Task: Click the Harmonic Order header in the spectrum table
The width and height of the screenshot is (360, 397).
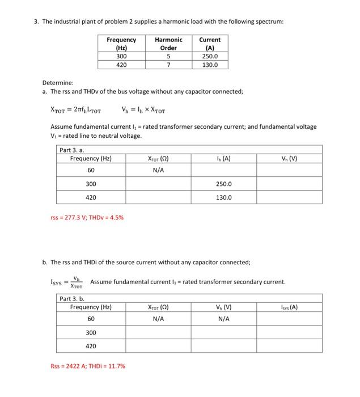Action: pyautogui.click(x=168, y=44)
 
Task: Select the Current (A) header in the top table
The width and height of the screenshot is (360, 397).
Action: pyautogui.click(x=210, y=44)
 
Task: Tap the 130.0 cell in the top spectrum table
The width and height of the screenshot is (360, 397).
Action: pyautogui.click(x=210, y=65)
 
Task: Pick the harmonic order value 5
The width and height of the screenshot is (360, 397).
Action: pyautogui.click(x=168, y=56)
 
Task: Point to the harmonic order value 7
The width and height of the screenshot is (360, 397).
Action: pyautogui.click(x=168, y=65)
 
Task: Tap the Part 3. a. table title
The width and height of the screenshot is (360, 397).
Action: pyautogui.click(x=73, y=150)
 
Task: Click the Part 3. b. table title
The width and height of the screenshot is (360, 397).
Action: pyautogui.click(x=73, y=298)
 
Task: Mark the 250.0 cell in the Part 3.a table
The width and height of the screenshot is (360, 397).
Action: pyautogui.click(x=224, y=184)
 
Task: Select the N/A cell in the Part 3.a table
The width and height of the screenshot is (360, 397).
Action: pyautogui.click(x=158, y=170)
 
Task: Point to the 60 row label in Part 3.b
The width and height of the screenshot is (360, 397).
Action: pyautogui.click(x=91, y=319)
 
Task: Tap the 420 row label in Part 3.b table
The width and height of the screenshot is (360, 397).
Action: pyautogui.click(x=91, y=346)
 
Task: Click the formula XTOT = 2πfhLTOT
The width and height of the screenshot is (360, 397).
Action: pyautogui.click(x=76, y=111)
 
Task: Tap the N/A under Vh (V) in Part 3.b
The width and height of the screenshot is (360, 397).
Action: pyautogui.click(x=224, y=319)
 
